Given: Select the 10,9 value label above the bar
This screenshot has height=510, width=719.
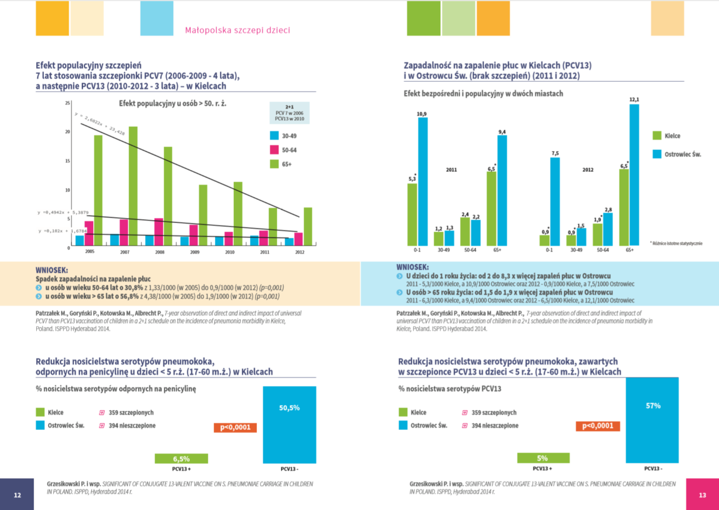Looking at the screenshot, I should point(421,114).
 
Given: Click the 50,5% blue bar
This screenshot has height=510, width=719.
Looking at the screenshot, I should point(289,425).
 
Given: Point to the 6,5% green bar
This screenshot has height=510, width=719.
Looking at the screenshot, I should point(181,459).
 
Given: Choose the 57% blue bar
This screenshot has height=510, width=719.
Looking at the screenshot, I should point(653,425).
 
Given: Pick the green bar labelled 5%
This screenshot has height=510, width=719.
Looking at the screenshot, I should point(543,458).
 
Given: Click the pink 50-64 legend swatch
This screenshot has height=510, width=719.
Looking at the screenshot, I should point(274,150).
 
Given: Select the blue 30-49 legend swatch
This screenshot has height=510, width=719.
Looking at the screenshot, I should point(274,136).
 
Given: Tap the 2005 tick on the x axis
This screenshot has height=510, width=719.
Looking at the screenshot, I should point(90,251).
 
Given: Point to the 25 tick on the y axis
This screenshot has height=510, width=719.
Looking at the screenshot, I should point(68,102).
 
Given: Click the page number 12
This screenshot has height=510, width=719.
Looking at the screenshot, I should point(18,495).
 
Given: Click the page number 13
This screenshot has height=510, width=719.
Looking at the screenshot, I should point(702,495).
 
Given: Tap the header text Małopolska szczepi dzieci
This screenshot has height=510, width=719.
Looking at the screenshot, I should point(238,30).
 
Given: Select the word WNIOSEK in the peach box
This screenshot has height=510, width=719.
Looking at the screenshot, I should point(53,270).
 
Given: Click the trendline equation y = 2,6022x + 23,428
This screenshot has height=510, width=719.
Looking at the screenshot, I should point(100,124).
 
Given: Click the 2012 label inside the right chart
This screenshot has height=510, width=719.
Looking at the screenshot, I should point(588,169).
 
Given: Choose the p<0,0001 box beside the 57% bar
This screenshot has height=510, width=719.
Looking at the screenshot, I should point(597,426).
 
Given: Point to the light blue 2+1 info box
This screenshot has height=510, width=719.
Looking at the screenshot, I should point(289,113).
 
